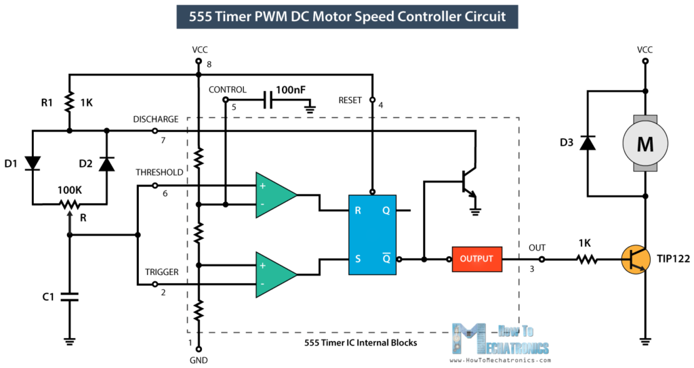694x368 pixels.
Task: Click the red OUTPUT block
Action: [x=477, y=259]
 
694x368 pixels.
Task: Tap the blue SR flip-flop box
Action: [x=372, y=234]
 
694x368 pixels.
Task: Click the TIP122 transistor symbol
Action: [x=634, y=260]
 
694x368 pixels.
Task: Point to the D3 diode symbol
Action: [x=588, y=143]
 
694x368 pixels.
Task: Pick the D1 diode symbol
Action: [x=32, y=163]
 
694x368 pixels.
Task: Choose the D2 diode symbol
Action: [x=106, y=163]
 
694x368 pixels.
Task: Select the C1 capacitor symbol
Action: [x=69, y=296]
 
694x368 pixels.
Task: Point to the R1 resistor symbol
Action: [x=69, y=102]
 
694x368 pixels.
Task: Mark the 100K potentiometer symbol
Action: [x=69, y=203]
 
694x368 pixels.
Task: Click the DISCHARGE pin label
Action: [x=156, y=119]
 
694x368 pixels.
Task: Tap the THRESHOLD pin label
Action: [x=159, y=172]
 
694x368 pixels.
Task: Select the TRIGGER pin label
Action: [x=162, y=272]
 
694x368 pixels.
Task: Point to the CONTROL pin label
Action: [x=227, y=89]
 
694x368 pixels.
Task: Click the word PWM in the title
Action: [x=300, y=16]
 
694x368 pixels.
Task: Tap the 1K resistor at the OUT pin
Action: [x=587, y=259]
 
